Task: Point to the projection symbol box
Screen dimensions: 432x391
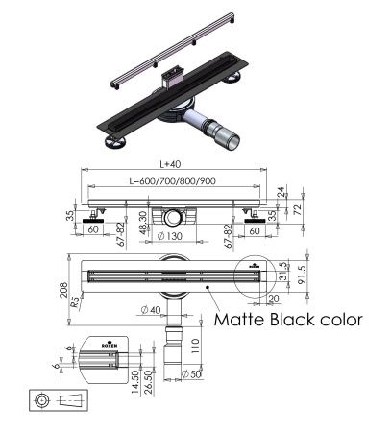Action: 56,399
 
